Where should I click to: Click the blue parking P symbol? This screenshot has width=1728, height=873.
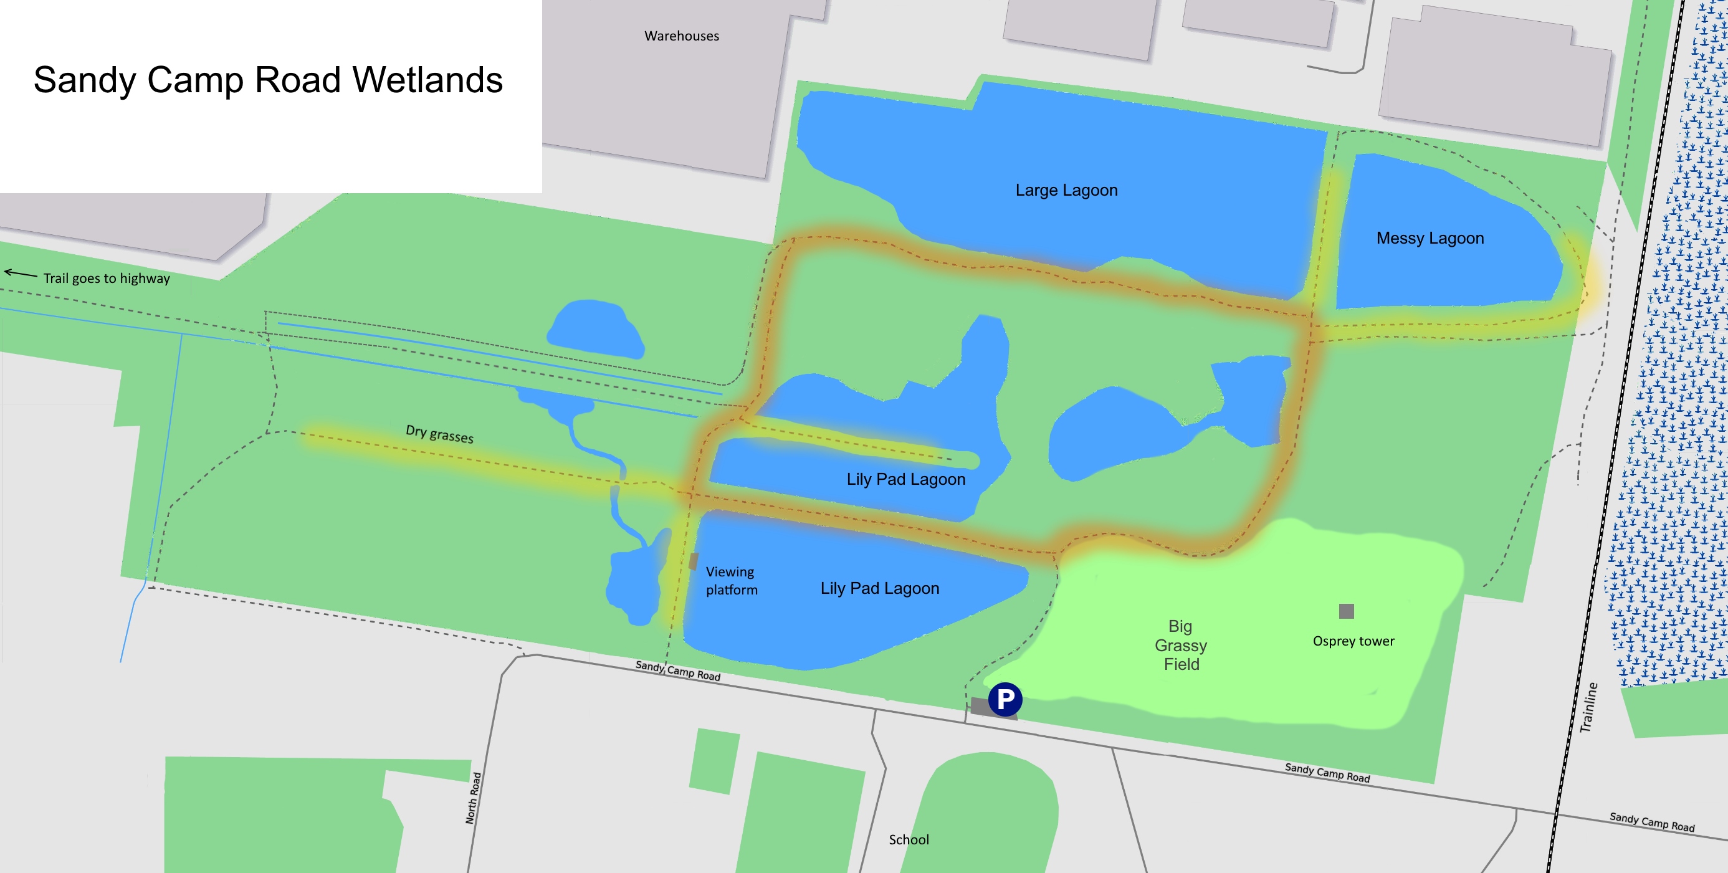tap(1005, 699)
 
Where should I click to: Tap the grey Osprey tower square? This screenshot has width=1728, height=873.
tap(1345, 611)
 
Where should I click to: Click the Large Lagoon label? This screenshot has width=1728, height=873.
tap(1066, 191)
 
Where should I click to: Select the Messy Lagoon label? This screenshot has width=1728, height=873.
tap(1430, 238)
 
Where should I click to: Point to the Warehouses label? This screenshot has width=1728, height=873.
tap(682, 36)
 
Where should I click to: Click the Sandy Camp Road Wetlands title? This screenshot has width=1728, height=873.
tap(268, 80)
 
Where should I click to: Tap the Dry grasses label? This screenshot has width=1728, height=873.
tap(439, 434)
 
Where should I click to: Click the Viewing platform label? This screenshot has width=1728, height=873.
tap(731, 580)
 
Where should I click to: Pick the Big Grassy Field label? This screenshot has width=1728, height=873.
tap(1181, 645)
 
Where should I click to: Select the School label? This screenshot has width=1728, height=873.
tap(909, 839)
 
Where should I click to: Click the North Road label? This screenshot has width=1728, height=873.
tap(474, 798)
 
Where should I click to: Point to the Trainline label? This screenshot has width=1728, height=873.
tap(1588, 707)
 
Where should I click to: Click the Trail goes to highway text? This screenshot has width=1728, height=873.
tap(107, 279)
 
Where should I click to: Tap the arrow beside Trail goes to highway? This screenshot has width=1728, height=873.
tap(21, 273)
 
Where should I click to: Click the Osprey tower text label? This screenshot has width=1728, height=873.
tap(1353, 641)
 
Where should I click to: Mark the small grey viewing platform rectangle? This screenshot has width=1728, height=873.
tap(694, 561)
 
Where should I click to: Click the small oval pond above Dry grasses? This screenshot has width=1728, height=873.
tap(594, 329)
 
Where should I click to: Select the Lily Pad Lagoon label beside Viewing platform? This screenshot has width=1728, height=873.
tap(879, 588)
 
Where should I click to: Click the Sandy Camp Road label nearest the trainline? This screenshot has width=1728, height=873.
tap(1651, 822)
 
